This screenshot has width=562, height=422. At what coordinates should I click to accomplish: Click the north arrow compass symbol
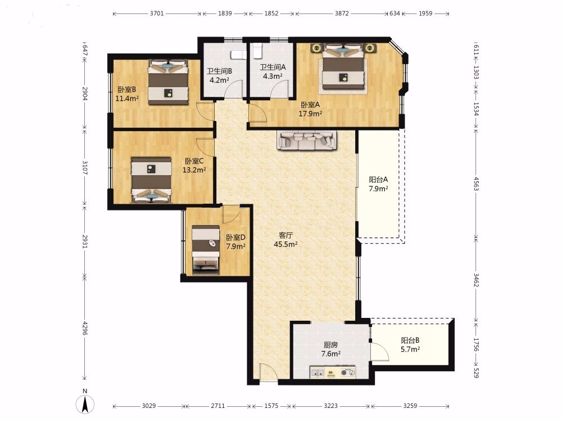point(85,404)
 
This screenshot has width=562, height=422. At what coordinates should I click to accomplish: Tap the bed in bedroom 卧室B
point(168,82)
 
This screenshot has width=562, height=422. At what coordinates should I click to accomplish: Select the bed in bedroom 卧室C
point(151,180)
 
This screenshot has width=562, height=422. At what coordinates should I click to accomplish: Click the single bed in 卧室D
point(206,250)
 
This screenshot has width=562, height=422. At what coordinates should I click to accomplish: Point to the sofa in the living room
point(307,140)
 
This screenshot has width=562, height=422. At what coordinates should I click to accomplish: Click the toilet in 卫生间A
point(257,51)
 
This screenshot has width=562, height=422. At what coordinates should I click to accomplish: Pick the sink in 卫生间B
point(238,55)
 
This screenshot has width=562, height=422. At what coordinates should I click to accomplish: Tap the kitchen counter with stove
point(333,372)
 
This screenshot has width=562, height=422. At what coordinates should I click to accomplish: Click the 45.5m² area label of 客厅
point(285,244)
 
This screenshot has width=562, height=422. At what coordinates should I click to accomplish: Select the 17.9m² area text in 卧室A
point(310,114)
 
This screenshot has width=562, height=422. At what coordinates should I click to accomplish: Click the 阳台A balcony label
point(378,179)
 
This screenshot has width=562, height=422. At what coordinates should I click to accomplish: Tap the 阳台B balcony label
point(410,340)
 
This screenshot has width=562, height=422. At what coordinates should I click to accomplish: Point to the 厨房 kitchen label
point(330,345)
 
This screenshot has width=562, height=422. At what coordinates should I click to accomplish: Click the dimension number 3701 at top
point(157,14)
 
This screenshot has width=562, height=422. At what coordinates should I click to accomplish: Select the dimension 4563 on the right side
point(476,183)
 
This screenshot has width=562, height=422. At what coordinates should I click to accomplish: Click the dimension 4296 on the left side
point(85,328)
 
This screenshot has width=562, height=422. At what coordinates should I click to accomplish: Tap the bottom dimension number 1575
point(271,406)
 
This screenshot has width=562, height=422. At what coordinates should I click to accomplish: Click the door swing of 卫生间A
point(280,89)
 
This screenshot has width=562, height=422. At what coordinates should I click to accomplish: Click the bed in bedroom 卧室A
point(343,67)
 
